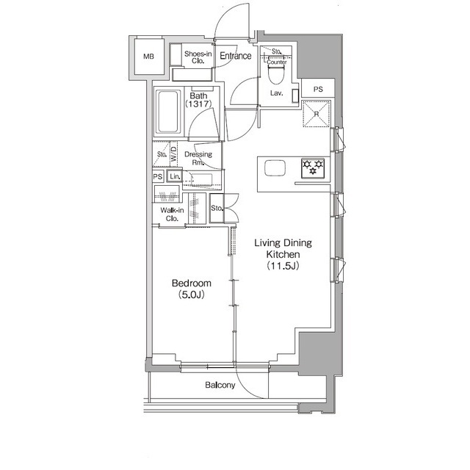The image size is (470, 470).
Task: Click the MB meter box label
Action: tap(148, 57)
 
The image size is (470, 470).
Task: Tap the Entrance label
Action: tap(236, 56)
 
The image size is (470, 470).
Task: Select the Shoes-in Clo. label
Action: tap(198, 57)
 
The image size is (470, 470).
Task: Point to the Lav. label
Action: tap(276, 93)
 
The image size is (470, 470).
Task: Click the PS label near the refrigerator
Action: tap(318, 89)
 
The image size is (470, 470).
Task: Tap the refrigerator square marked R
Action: tap(317, 114)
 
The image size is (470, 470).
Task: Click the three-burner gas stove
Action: tap(313, 169)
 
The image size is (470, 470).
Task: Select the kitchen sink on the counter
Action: tap(275, 168)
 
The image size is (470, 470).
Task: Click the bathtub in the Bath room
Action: tap(168, 112)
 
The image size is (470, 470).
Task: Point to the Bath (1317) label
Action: tap(198, 100)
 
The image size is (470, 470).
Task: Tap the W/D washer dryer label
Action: tap(173, 153)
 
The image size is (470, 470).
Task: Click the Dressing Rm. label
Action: tap(198, 159)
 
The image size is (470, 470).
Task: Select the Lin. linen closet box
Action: tap(175, 176)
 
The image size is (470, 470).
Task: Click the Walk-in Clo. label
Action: tap(172, 214)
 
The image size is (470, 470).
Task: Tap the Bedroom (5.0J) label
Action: tap(192, 289)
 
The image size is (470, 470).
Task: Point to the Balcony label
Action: tap(220, 385)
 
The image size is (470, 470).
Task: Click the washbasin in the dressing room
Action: tap(201, 180)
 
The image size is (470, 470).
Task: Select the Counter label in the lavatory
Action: tap(277, 62)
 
